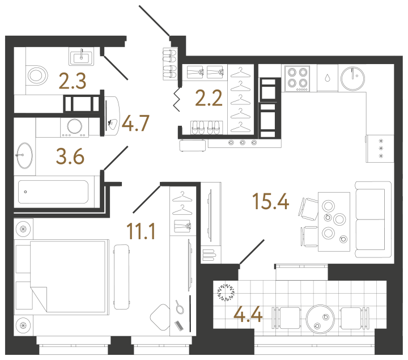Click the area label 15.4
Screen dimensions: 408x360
click(271, 201)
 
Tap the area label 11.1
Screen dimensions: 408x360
click(141, 231)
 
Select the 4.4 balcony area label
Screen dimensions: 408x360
click(248, 314)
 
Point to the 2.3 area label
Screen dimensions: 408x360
click(73, 81)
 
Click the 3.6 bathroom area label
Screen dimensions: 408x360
click(70, 156)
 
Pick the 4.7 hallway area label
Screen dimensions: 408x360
click(135, 123)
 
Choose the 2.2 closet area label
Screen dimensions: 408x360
click(209, 98)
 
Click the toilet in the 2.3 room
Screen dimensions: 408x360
click(37, 75)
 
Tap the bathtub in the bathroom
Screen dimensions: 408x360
click(53, 192)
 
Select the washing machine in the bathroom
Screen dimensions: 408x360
click(74, 128)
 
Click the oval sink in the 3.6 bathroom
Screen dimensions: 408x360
click(25, 155)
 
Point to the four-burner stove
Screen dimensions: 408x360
click(297, 78)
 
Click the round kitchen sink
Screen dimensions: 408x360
click(352, 78)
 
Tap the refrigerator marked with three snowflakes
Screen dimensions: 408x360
click(380, 149)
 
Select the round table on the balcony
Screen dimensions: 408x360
click(320, 319)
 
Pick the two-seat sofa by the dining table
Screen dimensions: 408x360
click(373, 220)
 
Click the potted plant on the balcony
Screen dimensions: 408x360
click(226, 293)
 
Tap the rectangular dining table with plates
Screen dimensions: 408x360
click(334, 222)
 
